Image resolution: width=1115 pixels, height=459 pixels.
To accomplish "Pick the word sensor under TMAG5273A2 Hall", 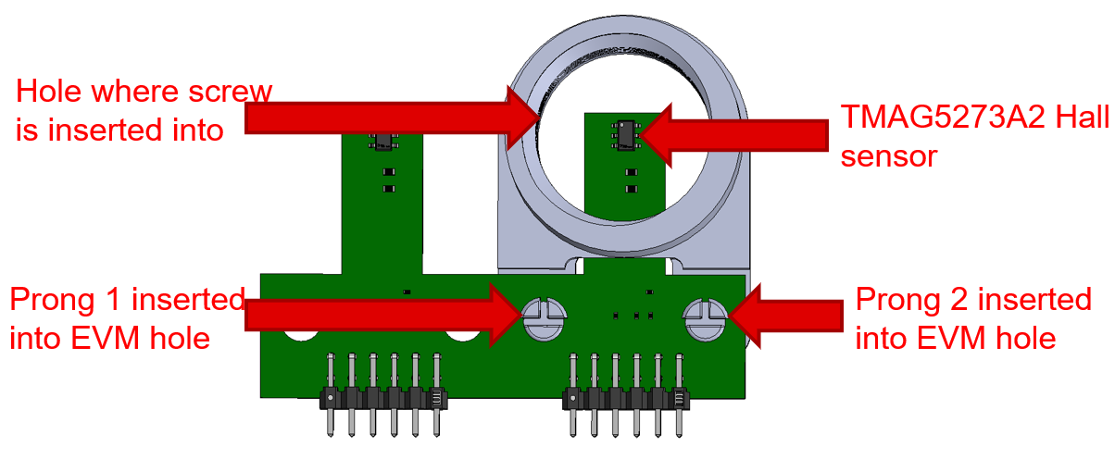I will [x=889, y=155].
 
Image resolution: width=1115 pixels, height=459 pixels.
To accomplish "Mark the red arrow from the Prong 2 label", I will [x=787, y=316].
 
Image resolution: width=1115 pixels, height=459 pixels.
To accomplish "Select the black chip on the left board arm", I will [x=381, y=139].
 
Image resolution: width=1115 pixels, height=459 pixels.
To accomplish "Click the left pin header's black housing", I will [x=383, y=399].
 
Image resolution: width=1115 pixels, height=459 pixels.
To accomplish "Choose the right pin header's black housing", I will [x=627, y=399].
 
